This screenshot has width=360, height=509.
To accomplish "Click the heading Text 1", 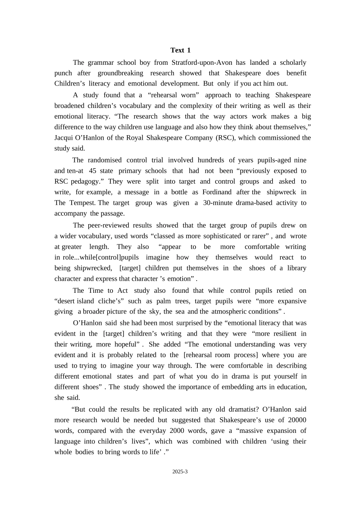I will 180,50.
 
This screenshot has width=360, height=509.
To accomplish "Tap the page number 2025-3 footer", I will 180,472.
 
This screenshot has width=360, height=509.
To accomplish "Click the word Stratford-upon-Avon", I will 202,62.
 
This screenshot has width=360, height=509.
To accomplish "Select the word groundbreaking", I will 121,73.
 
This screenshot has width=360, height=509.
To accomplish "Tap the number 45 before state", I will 92,171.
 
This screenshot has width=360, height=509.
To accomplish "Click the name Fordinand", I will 217,192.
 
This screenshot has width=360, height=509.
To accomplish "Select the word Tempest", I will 83,203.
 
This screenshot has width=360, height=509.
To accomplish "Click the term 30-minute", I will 218,203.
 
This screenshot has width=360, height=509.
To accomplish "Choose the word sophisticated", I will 222,236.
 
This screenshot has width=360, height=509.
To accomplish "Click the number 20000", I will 297,420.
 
